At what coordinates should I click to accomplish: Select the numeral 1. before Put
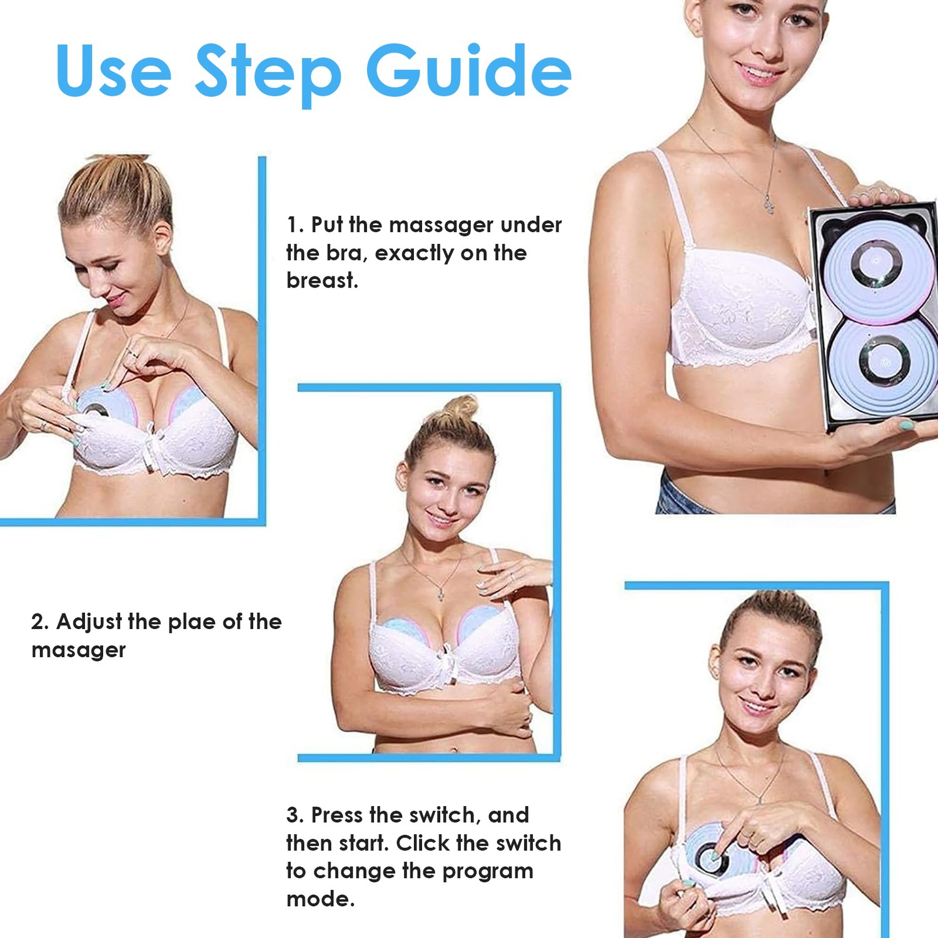(295, 224)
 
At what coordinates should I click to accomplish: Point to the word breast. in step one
(322, 280)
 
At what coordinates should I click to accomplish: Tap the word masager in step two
(78, 650)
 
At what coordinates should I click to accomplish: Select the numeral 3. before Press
(295, 815)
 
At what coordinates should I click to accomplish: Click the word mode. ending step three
(320, 899)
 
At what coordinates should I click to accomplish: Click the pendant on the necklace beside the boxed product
(768, 203)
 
